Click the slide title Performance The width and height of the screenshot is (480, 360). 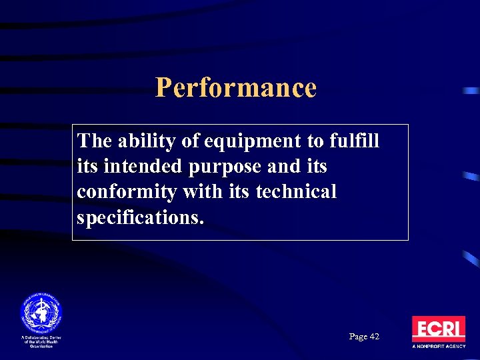point(235,87)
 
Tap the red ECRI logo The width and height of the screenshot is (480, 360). point(438,329)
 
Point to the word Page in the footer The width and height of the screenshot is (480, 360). point(358,337)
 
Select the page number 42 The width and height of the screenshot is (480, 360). point(374,337)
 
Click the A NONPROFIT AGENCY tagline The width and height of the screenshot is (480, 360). point(438,347)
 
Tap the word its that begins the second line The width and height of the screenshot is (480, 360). point(87,167)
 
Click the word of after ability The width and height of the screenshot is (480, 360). point(191,141)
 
